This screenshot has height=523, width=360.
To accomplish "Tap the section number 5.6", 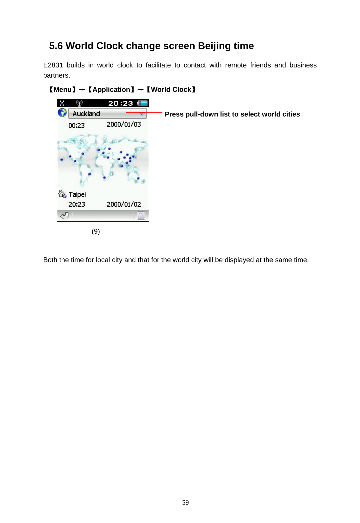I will coord(56,46).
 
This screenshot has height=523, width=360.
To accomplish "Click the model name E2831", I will coord(53,65).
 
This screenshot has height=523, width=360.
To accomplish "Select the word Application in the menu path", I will coord(111,90).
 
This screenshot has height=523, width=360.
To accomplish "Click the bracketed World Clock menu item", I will coord(171,90).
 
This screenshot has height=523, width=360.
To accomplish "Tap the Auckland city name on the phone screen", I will coord(86,114).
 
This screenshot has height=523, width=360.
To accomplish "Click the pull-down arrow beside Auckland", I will coord(142,113).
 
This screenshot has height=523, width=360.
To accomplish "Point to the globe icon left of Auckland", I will coord(62,112).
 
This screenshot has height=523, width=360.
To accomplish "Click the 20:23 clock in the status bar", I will coord(121,103).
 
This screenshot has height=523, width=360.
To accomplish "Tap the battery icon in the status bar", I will coord(142,103).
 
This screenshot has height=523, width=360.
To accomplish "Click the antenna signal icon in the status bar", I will coord(79,103).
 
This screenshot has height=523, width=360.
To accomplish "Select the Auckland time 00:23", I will coord(77,125).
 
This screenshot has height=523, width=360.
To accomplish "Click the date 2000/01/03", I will coord(124,124).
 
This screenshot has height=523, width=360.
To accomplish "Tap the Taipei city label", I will coord(77,194).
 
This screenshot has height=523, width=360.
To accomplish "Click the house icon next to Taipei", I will coord(62,194).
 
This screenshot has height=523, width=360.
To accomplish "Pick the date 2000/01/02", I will coord(124,205).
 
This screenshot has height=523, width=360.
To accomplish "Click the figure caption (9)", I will coord(96,231).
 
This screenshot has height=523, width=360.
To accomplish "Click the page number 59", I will coord(185,502).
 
